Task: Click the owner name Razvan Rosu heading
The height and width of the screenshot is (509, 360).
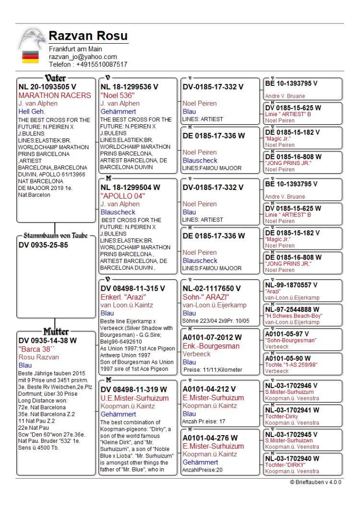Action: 88,36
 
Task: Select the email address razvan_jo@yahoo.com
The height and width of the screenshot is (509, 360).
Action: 83,57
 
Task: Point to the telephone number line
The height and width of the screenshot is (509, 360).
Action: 88,64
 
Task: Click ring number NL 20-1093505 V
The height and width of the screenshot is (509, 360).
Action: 48,87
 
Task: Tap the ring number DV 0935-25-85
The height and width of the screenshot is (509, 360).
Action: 43,245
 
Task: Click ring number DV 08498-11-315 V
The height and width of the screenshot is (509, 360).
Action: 132,288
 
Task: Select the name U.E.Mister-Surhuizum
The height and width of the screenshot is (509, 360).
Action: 134,398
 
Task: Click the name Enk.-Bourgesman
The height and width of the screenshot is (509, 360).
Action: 210,346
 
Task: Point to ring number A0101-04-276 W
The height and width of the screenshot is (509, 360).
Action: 212,438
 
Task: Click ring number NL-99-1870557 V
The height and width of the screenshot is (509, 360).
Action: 291,285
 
